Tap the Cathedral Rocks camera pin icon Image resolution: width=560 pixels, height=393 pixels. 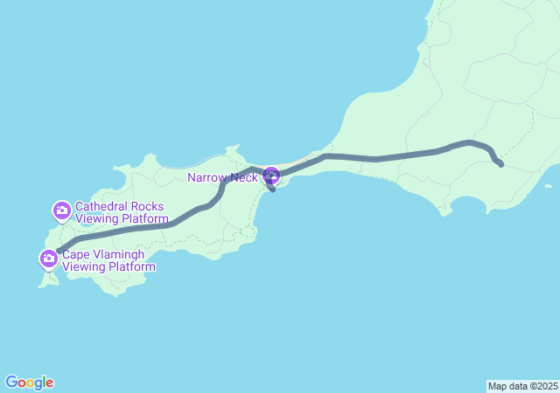(x=61, y=210)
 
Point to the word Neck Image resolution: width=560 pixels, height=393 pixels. (x=242, y=177)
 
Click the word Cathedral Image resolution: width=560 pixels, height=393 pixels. (x=103, y=206)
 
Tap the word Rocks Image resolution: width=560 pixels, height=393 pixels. (x=150, y=206)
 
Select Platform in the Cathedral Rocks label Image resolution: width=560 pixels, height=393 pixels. (x=142, y=218)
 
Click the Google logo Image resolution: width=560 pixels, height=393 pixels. (x=29, y=383)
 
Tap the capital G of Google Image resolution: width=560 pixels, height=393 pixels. (x=11, y=383)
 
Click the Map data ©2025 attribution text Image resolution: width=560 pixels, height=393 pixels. (x=522, y=386)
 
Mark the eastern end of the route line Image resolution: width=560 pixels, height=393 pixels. (x=500, y=164)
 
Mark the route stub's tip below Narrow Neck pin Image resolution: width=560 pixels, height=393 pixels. (x=274, y=190)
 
